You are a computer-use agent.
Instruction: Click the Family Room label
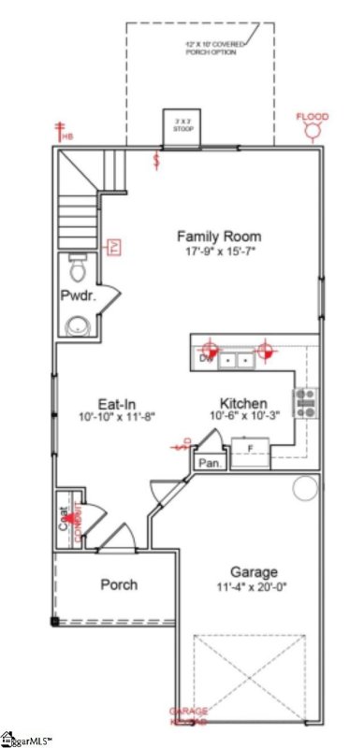coord(219,237)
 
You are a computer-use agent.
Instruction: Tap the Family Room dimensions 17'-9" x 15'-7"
coord(219,252)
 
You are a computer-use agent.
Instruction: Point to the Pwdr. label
coord(75,297)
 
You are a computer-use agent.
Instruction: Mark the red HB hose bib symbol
coord(64,132)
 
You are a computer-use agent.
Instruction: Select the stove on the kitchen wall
coord(306,402)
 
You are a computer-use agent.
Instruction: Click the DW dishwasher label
coord(205,357)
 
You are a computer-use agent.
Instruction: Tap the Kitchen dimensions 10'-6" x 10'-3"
coord(243,417)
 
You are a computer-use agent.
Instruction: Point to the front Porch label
coord(120,584)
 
